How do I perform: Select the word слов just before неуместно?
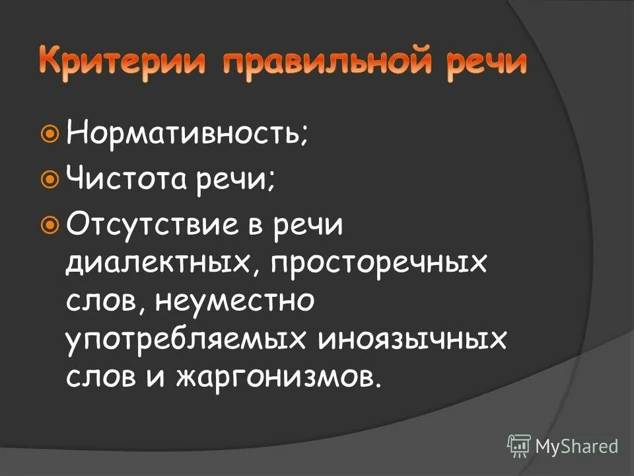click(x=106, y=301)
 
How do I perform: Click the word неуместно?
click(x=234, y=301)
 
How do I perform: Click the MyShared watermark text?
click(x=577, y=446)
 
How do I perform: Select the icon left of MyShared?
click(x=519, y=446)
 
